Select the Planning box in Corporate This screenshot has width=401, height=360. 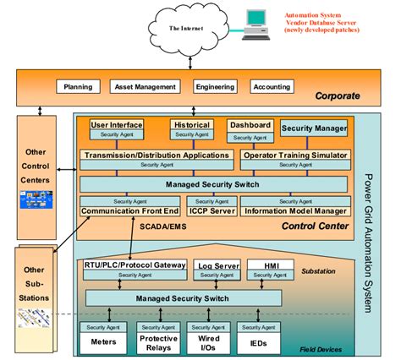coord(79,86)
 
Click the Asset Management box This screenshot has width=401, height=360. coord(146,86)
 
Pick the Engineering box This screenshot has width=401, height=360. coord(214,86)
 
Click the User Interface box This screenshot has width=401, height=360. coord(117,125)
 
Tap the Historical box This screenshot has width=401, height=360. coord(190,125)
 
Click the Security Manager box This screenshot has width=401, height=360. coord(314,128)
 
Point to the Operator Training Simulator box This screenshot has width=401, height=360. coord(294,155)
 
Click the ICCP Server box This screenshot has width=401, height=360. coord(211,210)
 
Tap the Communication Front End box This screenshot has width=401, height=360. coord(130,210)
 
